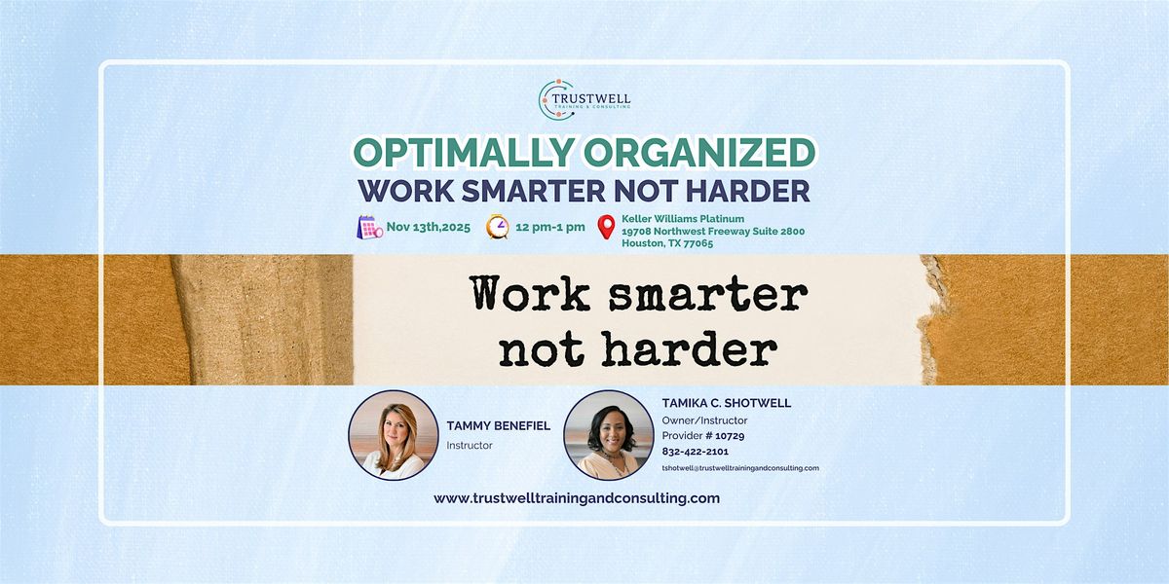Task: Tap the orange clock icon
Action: point(498,226)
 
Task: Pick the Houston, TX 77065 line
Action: point(667,243)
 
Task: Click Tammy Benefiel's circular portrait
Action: point(393,435)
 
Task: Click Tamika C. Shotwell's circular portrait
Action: point(608,435)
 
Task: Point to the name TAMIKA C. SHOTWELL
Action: point(726,403)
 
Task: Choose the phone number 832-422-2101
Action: point(696,452)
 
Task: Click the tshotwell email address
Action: point(739,468)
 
